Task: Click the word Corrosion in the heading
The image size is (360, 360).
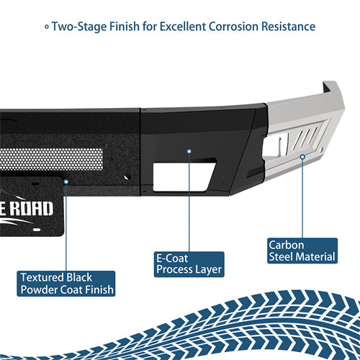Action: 228,27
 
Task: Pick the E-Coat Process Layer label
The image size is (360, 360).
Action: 189,263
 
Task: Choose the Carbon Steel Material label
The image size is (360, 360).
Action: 302,251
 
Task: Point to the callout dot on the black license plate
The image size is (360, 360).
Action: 66,182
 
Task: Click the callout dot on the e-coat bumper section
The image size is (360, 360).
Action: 189,153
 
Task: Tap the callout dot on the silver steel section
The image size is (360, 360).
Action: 302,156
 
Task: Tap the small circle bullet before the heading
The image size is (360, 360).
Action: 47,27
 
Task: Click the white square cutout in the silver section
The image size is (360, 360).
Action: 274,148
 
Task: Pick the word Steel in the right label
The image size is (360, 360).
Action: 283,257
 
